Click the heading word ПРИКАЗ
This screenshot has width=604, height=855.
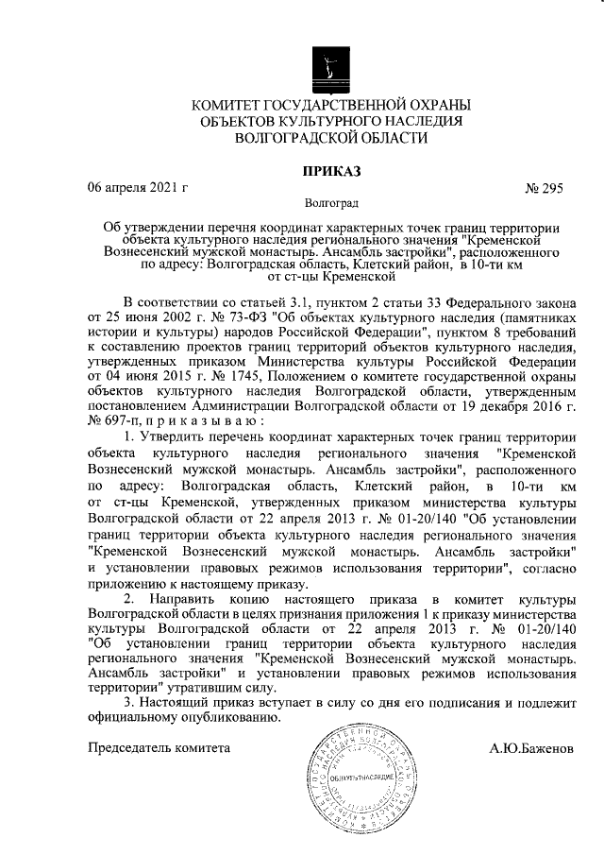[x=329, y=170]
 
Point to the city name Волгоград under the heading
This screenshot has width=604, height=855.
[x=330, y=202]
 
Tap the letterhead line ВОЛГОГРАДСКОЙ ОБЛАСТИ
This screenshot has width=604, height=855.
[x=329, y=138]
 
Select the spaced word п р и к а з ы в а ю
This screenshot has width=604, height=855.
[x=194, y=419]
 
